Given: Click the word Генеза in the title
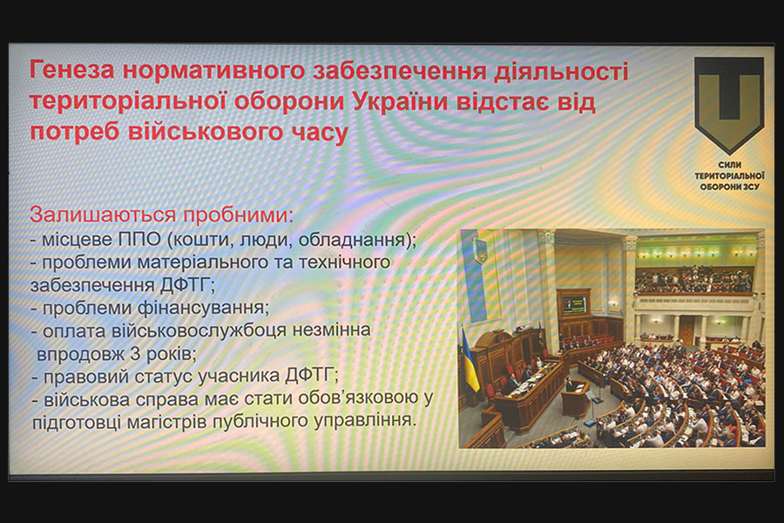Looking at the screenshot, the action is coord(72,70).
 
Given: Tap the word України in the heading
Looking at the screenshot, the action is coord(401,101).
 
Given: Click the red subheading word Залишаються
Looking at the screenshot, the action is coord(103,214).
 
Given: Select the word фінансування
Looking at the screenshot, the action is coord(204,308).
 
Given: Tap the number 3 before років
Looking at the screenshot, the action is coord(135,355).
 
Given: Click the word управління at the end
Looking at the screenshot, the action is coord(363,420).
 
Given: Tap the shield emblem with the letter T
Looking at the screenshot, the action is coord(729,104).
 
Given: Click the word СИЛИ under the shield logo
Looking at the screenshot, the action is coord(730,165).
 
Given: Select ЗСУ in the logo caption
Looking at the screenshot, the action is coord(751,187).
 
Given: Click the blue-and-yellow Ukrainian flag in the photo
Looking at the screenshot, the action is coord(470,358).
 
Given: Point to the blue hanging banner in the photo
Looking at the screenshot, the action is coord(474,273).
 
